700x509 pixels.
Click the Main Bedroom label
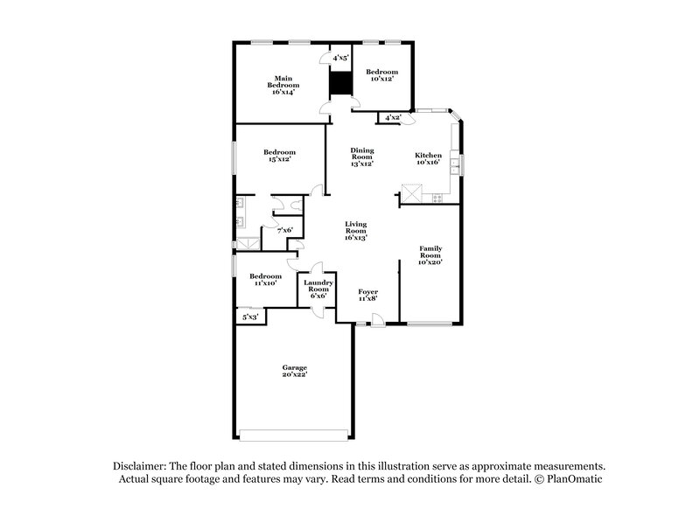pos(283,85)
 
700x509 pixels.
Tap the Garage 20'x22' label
pos(294,371)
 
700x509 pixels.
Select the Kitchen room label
pos(429,158)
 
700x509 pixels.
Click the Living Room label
pos(355,231)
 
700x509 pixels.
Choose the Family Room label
pos(430,254)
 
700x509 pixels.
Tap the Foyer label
pos(367,295)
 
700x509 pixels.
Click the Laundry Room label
pos(316,289)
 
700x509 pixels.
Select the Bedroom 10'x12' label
pos(381,75)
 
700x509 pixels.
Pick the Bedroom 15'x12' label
pos(279,156)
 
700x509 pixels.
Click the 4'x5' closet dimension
pos(340,58)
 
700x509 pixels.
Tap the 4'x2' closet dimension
pos(391,117)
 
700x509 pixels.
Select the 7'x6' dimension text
pos(284,230)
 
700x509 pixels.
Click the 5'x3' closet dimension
pos(250,317)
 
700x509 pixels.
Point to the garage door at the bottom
pos(294,434)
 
